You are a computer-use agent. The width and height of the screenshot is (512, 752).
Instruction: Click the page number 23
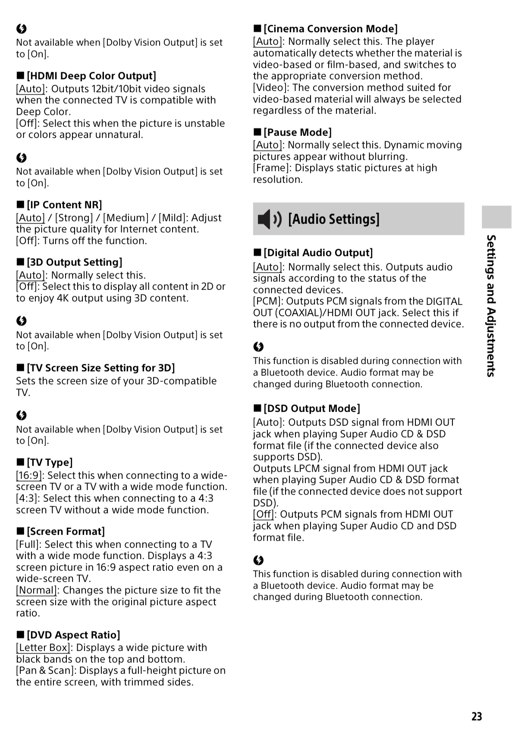(x=477, y=717)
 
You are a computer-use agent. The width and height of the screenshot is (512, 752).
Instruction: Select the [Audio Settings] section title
(x=334, y=219)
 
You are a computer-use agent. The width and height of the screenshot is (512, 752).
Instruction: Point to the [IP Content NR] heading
(x=64, y=205)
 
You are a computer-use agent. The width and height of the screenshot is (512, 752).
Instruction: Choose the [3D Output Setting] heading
(x=74, y=262)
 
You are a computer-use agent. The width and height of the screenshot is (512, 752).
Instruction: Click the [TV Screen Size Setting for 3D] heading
(x=101, y=368)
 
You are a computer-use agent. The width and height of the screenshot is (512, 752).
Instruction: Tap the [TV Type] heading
(x=50, y=463)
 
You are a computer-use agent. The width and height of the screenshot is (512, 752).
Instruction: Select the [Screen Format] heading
(x=66, y=532)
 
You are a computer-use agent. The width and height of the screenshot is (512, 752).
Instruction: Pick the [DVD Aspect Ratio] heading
(x=73, y=635)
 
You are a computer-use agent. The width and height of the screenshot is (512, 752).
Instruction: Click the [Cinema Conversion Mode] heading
(x=330, y=29)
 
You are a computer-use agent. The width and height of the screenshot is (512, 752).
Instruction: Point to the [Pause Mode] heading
(x=298, y=132)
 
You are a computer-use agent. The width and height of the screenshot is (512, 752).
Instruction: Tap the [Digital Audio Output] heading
(x=318, y=253)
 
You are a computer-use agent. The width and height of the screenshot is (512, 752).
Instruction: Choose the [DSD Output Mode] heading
(x=311, y=409)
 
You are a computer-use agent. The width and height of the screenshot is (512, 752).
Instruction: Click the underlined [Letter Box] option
(x=43, y=648)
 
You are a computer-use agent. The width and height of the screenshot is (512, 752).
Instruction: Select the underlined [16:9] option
(x=29, y=475)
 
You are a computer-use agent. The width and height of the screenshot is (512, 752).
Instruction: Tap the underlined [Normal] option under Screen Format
(x=37, y=590)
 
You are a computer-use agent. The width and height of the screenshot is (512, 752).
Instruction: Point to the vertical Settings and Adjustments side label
(x=491, y=305)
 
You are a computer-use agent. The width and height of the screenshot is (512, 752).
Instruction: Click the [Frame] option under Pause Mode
(x=271, y=168)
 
